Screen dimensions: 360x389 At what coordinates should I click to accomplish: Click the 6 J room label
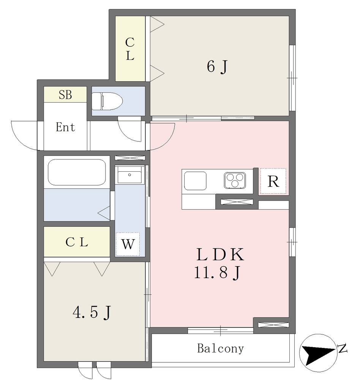click(x=217, y=67)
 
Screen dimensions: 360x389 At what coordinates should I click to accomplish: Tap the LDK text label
click(x=220, y=255)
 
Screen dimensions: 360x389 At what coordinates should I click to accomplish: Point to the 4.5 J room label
click(x=92, y=312)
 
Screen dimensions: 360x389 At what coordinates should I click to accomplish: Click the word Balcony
click(x=220, y=349)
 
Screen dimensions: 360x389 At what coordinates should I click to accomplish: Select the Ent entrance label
click(x=65, y=127)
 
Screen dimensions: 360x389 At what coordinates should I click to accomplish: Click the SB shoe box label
click(x=65, y=95)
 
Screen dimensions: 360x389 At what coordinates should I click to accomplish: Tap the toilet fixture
click(x=107, y=101)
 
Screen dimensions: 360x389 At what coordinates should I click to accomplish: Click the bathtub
click(x=77, y=172)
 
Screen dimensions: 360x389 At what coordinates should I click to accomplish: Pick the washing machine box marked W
click(x=128, y=244)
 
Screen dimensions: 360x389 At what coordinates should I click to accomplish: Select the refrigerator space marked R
click(x=273, y=181)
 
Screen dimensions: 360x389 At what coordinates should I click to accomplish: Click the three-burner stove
click(x=235, y=180)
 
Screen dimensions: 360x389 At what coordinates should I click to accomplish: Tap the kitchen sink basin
click(x=195, y=180)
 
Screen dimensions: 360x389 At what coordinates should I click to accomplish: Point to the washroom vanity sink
click(x=129, y=175)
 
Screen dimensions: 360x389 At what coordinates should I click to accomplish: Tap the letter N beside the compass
click(x=342, y=349)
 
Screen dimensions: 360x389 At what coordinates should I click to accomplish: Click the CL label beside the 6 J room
click(x=129, y=49)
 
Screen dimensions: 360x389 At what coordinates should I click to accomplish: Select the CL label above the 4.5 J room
click(x=77, y=242)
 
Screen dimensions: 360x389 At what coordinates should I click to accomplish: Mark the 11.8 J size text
click(x=217, y=272)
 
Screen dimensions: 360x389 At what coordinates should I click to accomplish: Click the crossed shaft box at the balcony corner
click(x=273, y=325)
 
